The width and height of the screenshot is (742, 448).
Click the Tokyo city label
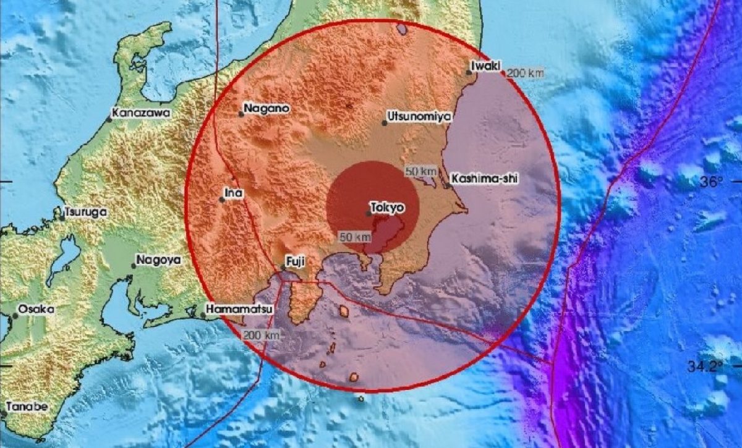388,208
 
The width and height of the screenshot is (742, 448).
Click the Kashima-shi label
484,179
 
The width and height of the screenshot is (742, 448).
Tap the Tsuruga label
87,212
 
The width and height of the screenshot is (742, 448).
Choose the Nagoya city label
159,260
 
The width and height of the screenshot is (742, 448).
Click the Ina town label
234,193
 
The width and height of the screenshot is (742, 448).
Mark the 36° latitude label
712,182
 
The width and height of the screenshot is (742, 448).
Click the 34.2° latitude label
706,366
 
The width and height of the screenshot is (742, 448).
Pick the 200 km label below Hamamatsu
262,335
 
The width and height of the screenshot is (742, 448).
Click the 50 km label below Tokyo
355,237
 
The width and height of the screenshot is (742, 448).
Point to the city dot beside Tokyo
369,214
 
